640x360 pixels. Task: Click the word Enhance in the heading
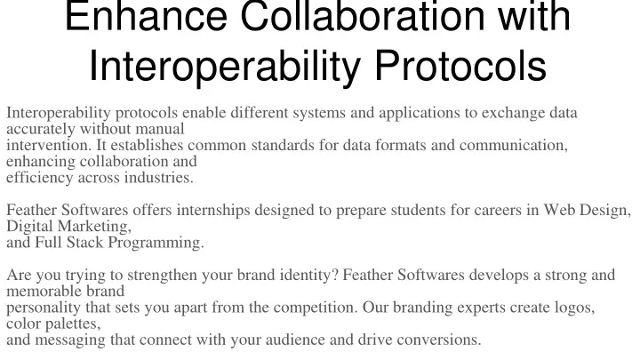point(146,16)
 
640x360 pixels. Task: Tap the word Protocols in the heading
point(460,66)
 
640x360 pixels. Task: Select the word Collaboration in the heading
point(361,16)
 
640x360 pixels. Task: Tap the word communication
point(514,145)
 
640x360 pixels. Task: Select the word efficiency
point(40,178)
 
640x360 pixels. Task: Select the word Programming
point(156,243)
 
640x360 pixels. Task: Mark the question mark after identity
point(335,275)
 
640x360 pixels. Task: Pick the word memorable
point(46,291)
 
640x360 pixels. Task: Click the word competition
point(316,308)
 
